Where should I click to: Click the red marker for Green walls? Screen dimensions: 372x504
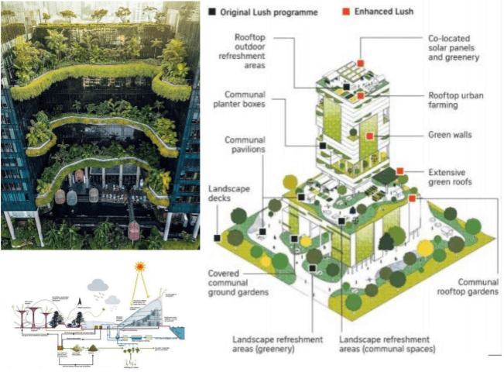point(369,136)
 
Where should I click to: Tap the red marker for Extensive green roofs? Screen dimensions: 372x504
point(399,170)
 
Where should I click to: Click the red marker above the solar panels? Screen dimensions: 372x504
point(361,64)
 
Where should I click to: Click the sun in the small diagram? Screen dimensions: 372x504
point(140,269)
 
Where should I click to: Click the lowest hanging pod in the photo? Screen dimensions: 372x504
point(133,229)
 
